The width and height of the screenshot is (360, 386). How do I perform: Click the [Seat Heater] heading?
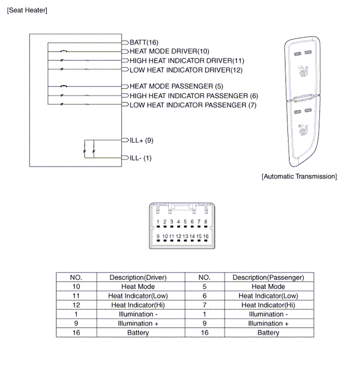tap(26, 11)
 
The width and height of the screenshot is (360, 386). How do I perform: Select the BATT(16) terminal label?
tap(144, 43)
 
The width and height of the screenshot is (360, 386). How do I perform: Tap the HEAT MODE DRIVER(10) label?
tap(169, 52)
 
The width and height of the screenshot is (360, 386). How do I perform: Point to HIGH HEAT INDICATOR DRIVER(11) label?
tap(187, 61)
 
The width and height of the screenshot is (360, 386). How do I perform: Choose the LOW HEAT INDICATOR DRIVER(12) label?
tap(186, 70)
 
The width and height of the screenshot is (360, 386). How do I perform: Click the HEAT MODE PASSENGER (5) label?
tap(176, 86)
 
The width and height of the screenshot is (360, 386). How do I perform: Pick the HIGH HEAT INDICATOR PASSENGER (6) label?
tap(194, 96)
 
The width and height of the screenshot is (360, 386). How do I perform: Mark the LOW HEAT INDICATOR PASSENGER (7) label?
tap(193, 105)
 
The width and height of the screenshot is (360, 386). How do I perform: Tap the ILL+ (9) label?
tap(142, 140)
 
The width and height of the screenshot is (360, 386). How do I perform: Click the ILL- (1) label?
tap(140, 158)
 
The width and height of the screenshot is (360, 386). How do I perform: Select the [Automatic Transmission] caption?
tap(299, 176)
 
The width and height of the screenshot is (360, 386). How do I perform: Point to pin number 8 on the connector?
tap(205, 222)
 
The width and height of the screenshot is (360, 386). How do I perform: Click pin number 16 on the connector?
tap(205, 237)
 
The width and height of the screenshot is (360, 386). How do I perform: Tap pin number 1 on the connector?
tap(158, 222)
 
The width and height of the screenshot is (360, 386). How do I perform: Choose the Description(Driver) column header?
tap(138, 278)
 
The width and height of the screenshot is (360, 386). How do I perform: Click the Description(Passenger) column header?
tap(268, 278)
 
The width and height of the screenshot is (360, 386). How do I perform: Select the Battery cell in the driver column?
tap(138, 333)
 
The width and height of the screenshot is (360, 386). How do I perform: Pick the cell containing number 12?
tap(76, 305)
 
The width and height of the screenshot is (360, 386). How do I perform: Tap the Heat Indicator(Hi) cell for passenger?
tap(268, 305)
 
